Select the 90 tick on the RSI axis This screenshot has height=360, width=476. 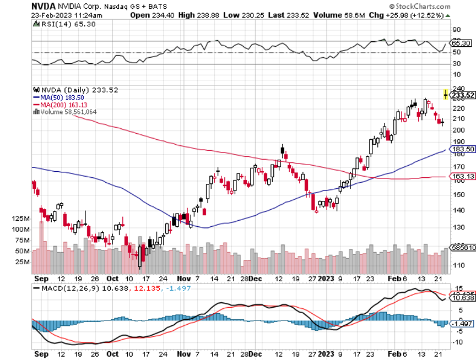tap(456, 30)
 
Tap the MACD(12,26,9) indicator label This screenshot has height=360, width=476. tap(66, 287)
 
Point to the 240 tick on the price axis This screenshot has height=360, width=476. tap(457, 88)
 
